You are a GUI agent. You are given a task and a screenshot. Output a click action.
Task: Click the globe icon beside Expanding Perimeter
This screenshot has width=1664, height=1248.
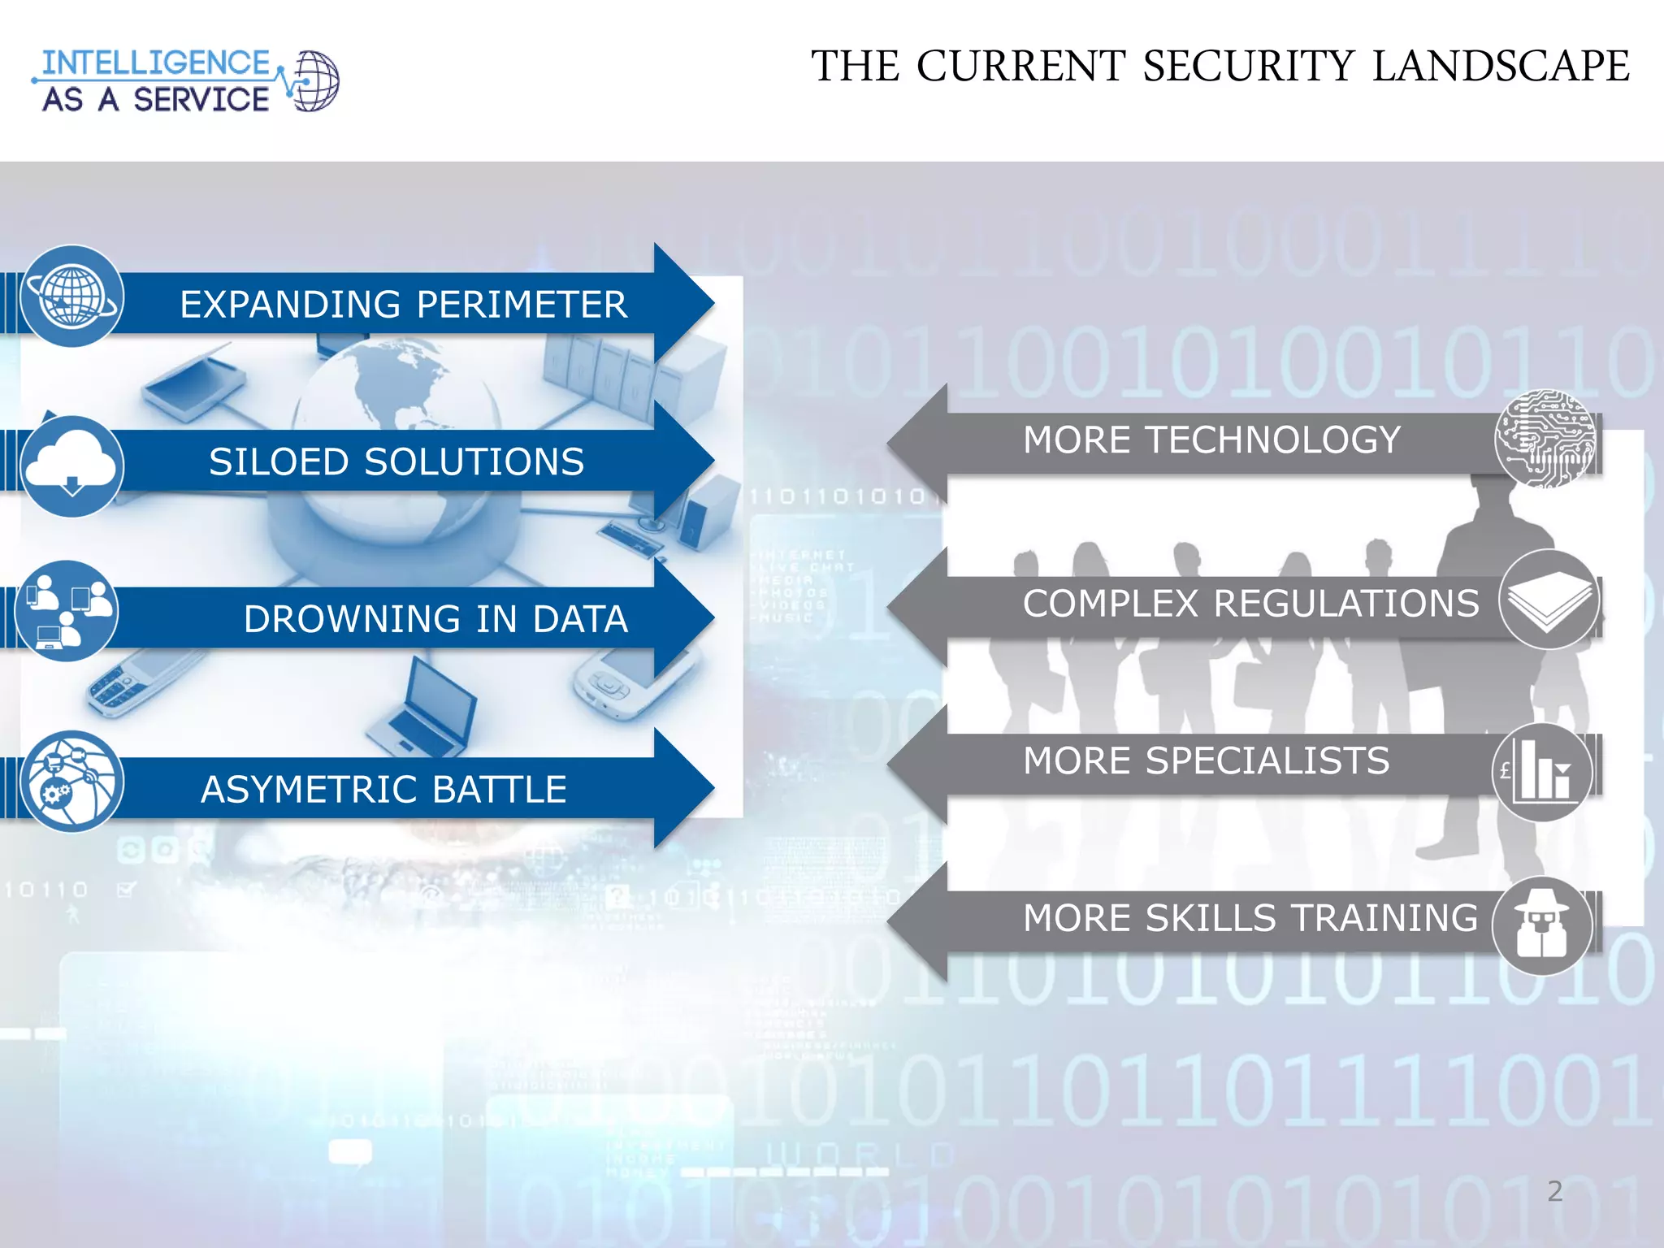(x=71, y=297)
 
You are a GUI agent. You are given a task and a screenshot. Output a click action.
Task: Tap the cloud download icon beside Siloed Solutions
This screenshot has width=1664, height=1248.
(x=71, y=466)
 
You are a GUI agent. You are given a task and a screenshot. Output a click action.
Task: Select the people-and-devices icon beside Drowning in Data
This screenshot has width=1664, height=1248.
(x=67, y=611)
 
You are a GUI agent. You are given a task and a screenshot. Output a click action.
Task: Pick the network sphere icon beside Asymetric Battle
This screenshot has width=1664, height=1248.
(x=71, y=782)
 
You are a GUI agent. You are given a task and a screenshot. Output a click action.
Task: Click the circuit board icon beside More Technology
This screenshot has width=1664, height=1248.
(x=1545, y=439)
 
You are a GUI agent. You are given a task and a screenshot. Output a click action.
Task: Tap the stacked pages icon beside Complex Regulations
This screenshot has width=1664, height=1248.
(x=1549, y=600)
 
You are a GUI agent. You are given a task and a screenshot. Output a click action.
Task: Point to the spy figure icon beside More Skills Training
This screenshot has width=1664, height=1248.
(x=1542, y=926)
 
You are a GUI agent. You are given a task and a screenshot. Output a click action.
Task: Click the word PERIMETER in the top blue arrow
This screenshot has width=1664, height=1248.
(x=522, y=305)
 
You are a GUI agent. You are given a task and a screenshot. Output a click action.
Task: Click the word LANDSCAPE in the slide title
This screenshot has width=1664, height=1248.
(x=1501, y=67)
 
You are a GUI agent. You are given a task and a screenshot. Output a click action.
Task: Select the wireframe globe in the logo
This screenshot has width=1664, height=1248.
(x=315, y=81)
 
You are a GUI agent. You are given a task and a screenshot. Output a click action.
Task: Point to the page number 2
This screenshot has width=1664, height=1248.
(x=1554, y=1191)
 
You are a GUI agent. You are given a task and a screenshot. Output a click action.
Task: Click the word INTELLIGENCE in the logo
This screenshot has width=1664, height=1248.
(x=155, y=63)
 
